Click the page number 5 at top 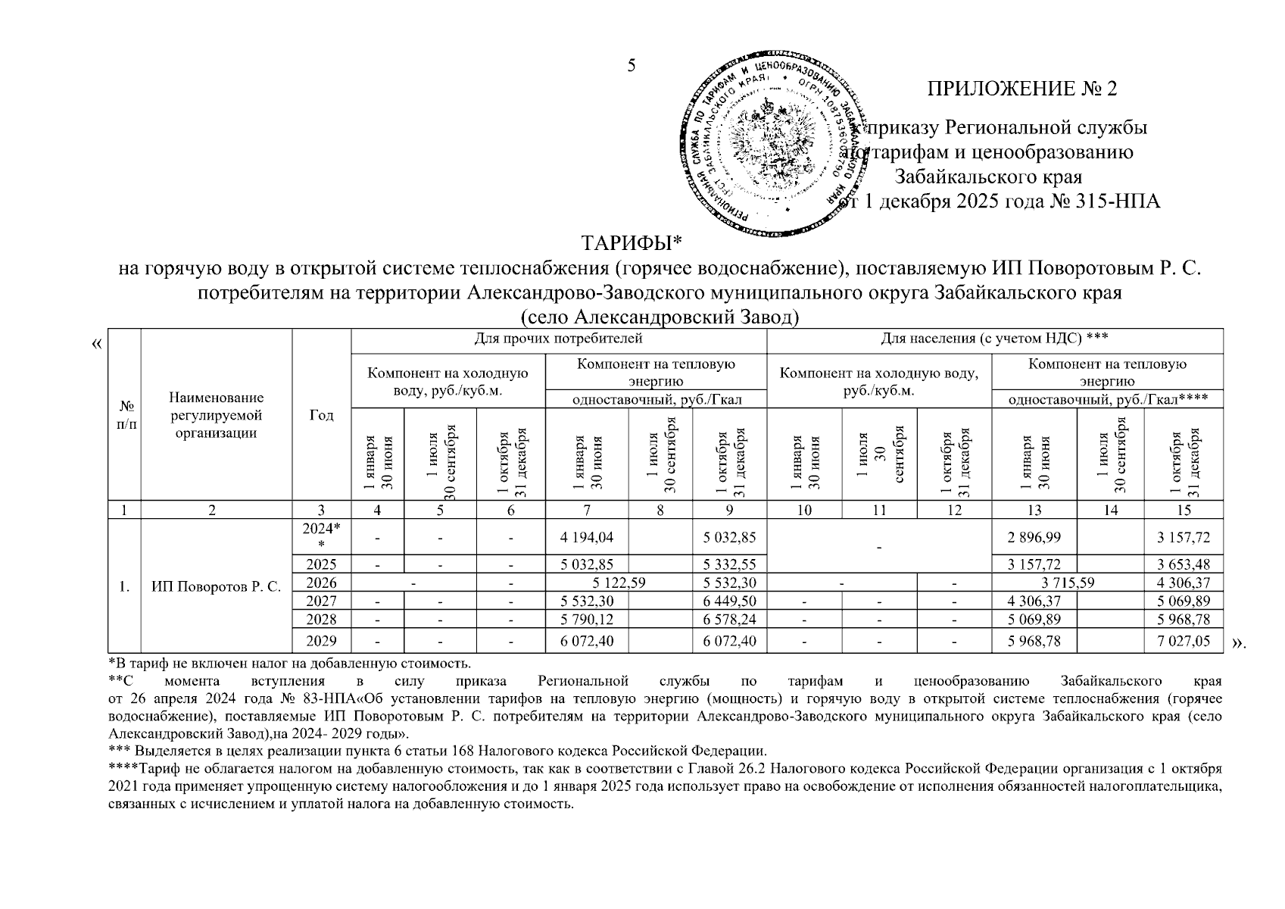pos(631,66)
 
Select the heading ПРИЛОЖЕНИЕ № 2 pos(1021,89)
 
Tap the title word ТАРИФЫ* pos(632,243)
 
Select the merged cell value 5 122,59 pos(619,583)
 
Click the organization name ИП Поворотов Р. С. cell pos(216,586)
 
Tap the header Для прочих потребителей pos(558,338)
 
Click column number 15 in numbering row pos(1183,511)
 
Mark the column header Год pos(321,415)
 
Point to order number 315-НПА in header pos(1117,202)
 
